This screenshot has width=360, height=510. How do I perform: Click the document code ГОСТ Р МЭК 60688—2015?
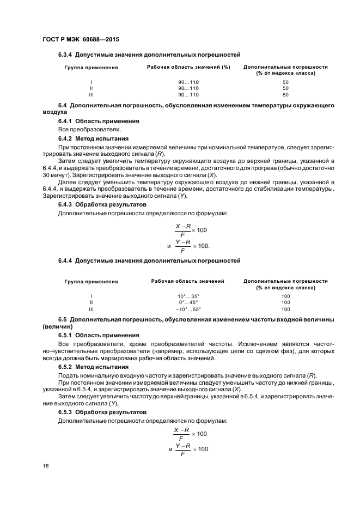(x=81, y=40)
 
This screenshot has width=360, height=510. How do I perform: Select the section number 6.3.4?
(x=65, y=54)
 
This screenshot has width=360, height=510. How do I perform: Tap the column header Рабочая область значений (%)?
(x=188, y=67)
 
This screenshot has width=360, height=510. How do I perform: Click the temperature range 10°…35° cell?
(x=188, y=296)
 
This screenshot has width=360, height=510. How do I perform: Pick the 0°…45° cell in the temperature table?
(x=188, y=302)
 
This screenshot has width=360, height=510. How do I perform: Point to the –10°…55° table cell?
(x=188, y=308)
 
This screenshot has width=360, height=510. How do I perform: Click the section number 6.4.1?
(x=65, y=120)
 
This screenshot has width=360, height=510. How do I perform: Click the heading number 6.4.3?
(x=65, y=204)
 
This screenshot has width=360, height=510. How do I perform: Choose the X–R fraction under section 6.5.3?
(x=182, y=434)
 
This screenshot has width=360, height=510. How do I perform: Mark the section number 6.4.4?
(x=65, y=261)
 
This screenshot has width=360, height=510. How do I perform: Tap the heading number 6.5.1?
(x=65, y=335)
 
